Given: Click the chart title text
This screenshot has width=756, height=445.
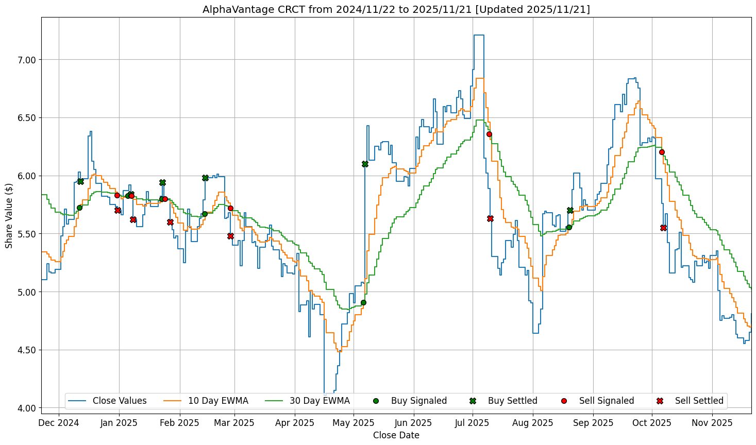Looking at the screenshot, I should pyautogui.click(x=396, y=9).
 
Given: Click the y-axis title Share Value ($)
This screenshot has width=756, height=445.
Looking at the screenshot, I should pyautogui.click(x=9, y=215).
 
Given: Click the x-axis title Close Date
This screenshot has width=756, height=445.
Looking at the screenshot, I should pyautogui.click(x=396, y=436).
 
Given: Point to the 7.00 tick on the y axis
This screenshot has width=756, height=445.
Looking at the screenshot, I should pyautogui.click(x=27, y=60).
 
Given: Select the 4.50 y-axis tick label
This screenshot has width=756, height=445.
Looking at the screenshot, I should pyautogui.click(x=27, y=350).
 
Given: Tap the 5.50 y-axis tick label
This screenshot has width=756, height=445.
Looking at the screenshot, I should pyautogui.click(x=27, y=234).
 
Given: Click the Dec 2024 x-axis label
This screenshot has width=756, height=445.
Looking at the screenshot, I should pyautogui.click(x=59, y=423).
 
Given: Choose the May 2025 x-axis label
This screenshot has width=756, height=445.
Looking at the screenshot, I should pyautogui.click(x=354, y=423).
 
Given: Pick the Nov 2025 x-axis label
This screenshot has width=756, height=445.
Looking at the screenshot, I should pyautogui.click(x=712, y=423).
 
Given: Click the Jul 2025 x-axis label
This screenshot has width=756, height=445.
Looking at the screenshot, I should pyautogui.click(x=473, y=423).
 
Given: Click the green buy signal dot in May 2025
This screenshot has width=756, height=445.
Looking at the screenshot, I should pyautogui.click(x=363, y=302).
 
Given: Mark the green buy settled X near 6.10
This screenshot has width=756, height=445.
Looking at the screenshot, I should pyautogui.click(x=365, y=164).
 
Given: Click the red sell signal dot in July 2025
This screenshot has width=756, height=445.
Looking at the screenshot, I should pyautogui.click(x=489, y=134).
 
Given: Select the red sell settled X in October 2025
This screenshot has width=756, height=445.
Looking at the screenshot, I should pyautogui.click(x=663, y=228).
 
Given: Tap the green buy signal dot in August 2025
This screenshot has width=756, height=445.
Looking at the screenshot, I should pyautogui.click(x=569, y=227).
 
